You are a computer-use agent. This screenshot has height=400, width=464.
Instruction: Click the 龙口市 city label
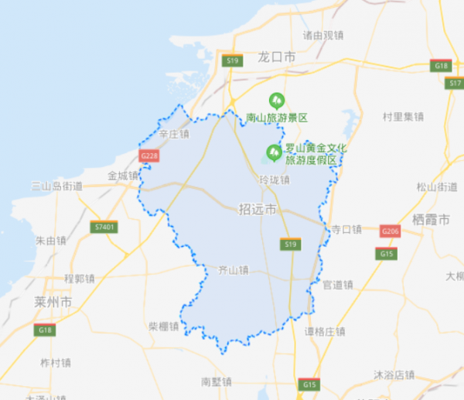point(277,57)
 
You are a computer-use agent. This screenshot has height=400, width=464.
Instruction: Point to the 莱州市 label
point(53,301)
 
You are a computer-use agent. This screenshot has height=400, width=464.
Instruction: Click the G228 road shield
point(149,156)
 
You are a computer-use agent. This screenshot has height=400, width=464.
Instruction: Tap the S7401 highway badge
point(103,227)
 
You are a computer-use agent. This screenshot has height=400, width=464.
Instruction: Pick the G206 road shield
point(391,231)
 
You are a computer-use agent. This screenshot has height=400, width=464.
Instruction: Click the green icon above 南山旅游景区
point(276,100)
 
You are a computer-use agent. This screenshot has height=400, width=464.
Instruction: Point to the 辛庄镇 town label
point(173,134)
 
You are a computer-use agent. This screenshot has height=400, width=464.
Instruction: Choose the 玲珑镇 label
point(274,180)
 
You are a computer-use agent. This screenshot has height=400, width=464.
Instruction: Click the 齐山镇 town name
point(232,271)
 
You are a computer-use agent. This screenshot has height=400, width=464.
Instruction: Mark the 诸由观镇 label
point(323,35)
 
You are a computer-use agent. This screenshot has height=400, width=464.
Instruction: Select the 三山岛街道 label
point(56,186)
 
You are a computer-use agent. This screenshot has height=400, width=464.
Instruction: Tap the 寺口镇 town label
point(346,229)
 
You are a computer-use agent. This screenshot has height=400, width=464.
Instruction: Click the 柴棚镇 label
point(164,326)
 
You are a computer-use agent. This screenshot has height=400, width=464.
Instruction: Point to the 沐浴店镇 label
point(394,374)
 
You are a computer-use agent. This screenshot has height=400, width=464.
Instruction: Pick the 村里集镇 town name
point(403,117)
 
